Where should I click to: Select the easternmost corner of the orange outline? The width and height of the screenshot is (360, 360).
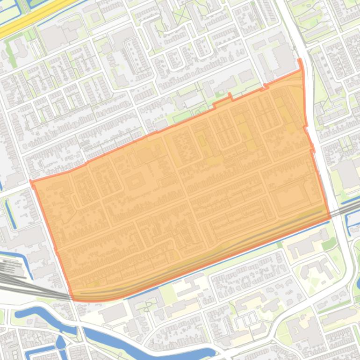330,217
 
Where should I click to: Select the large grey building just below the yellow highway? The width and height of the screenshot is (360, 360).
54,37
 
